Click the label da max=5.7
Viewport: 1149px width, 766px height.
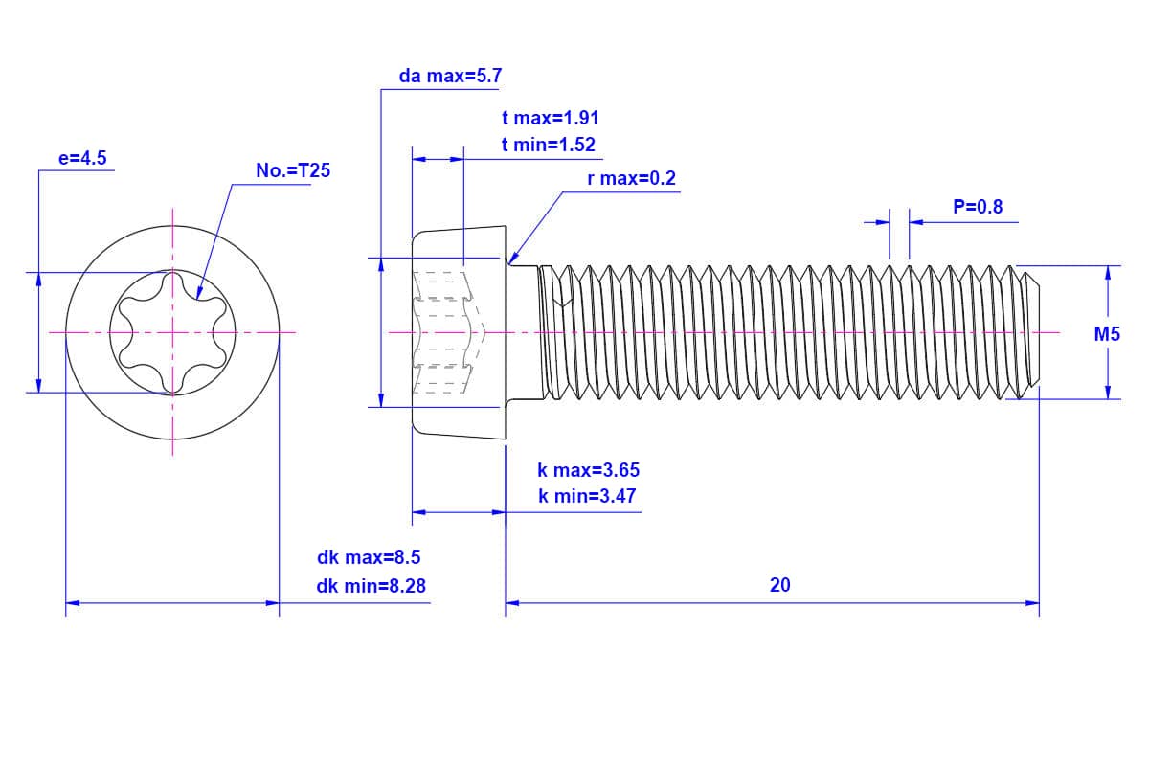tap(449, 77)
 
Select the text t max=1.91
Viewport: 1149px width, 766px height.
tap(550, 119)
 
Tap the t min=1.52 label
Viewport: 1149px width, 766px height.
tap(548, 146)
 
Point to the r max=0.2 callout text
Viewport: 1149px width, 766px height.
tap(631, 179)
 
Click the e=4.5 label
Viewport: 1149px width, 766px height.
tap(82, 159)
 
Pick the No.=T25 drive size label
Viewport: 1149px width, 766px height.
tap(293, 171)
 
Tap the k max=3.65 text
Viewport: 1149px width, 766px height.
tap(588, 470)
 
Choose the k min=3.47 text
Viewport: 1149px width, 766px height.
tap(587, 496)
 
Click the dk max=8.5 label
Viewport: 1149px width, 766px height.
tap(369, 558)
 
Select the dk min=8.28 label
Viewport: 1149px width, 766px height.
tap(371, 586)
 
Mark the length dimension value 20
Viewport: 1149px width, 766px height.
tap(779, 585)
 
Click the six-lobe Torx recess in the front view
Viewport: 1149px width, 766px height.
tap(172, 332)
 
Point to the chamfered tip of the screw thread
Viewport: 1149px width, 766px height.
tap(1032, 332)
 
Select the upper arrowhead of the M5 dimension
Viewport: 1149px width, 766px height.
tap(1108, 272)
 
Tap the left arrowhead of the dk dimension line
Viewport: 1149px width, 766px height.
tap(72, 603)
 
